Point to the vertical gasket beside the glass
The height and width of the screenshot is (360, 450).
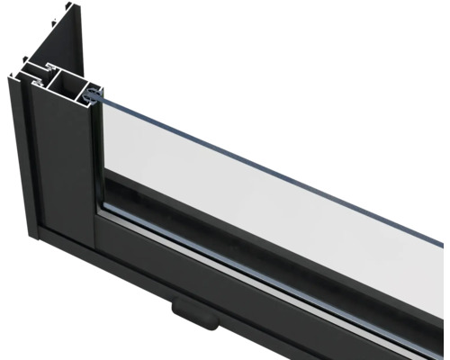coord(96,153)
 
